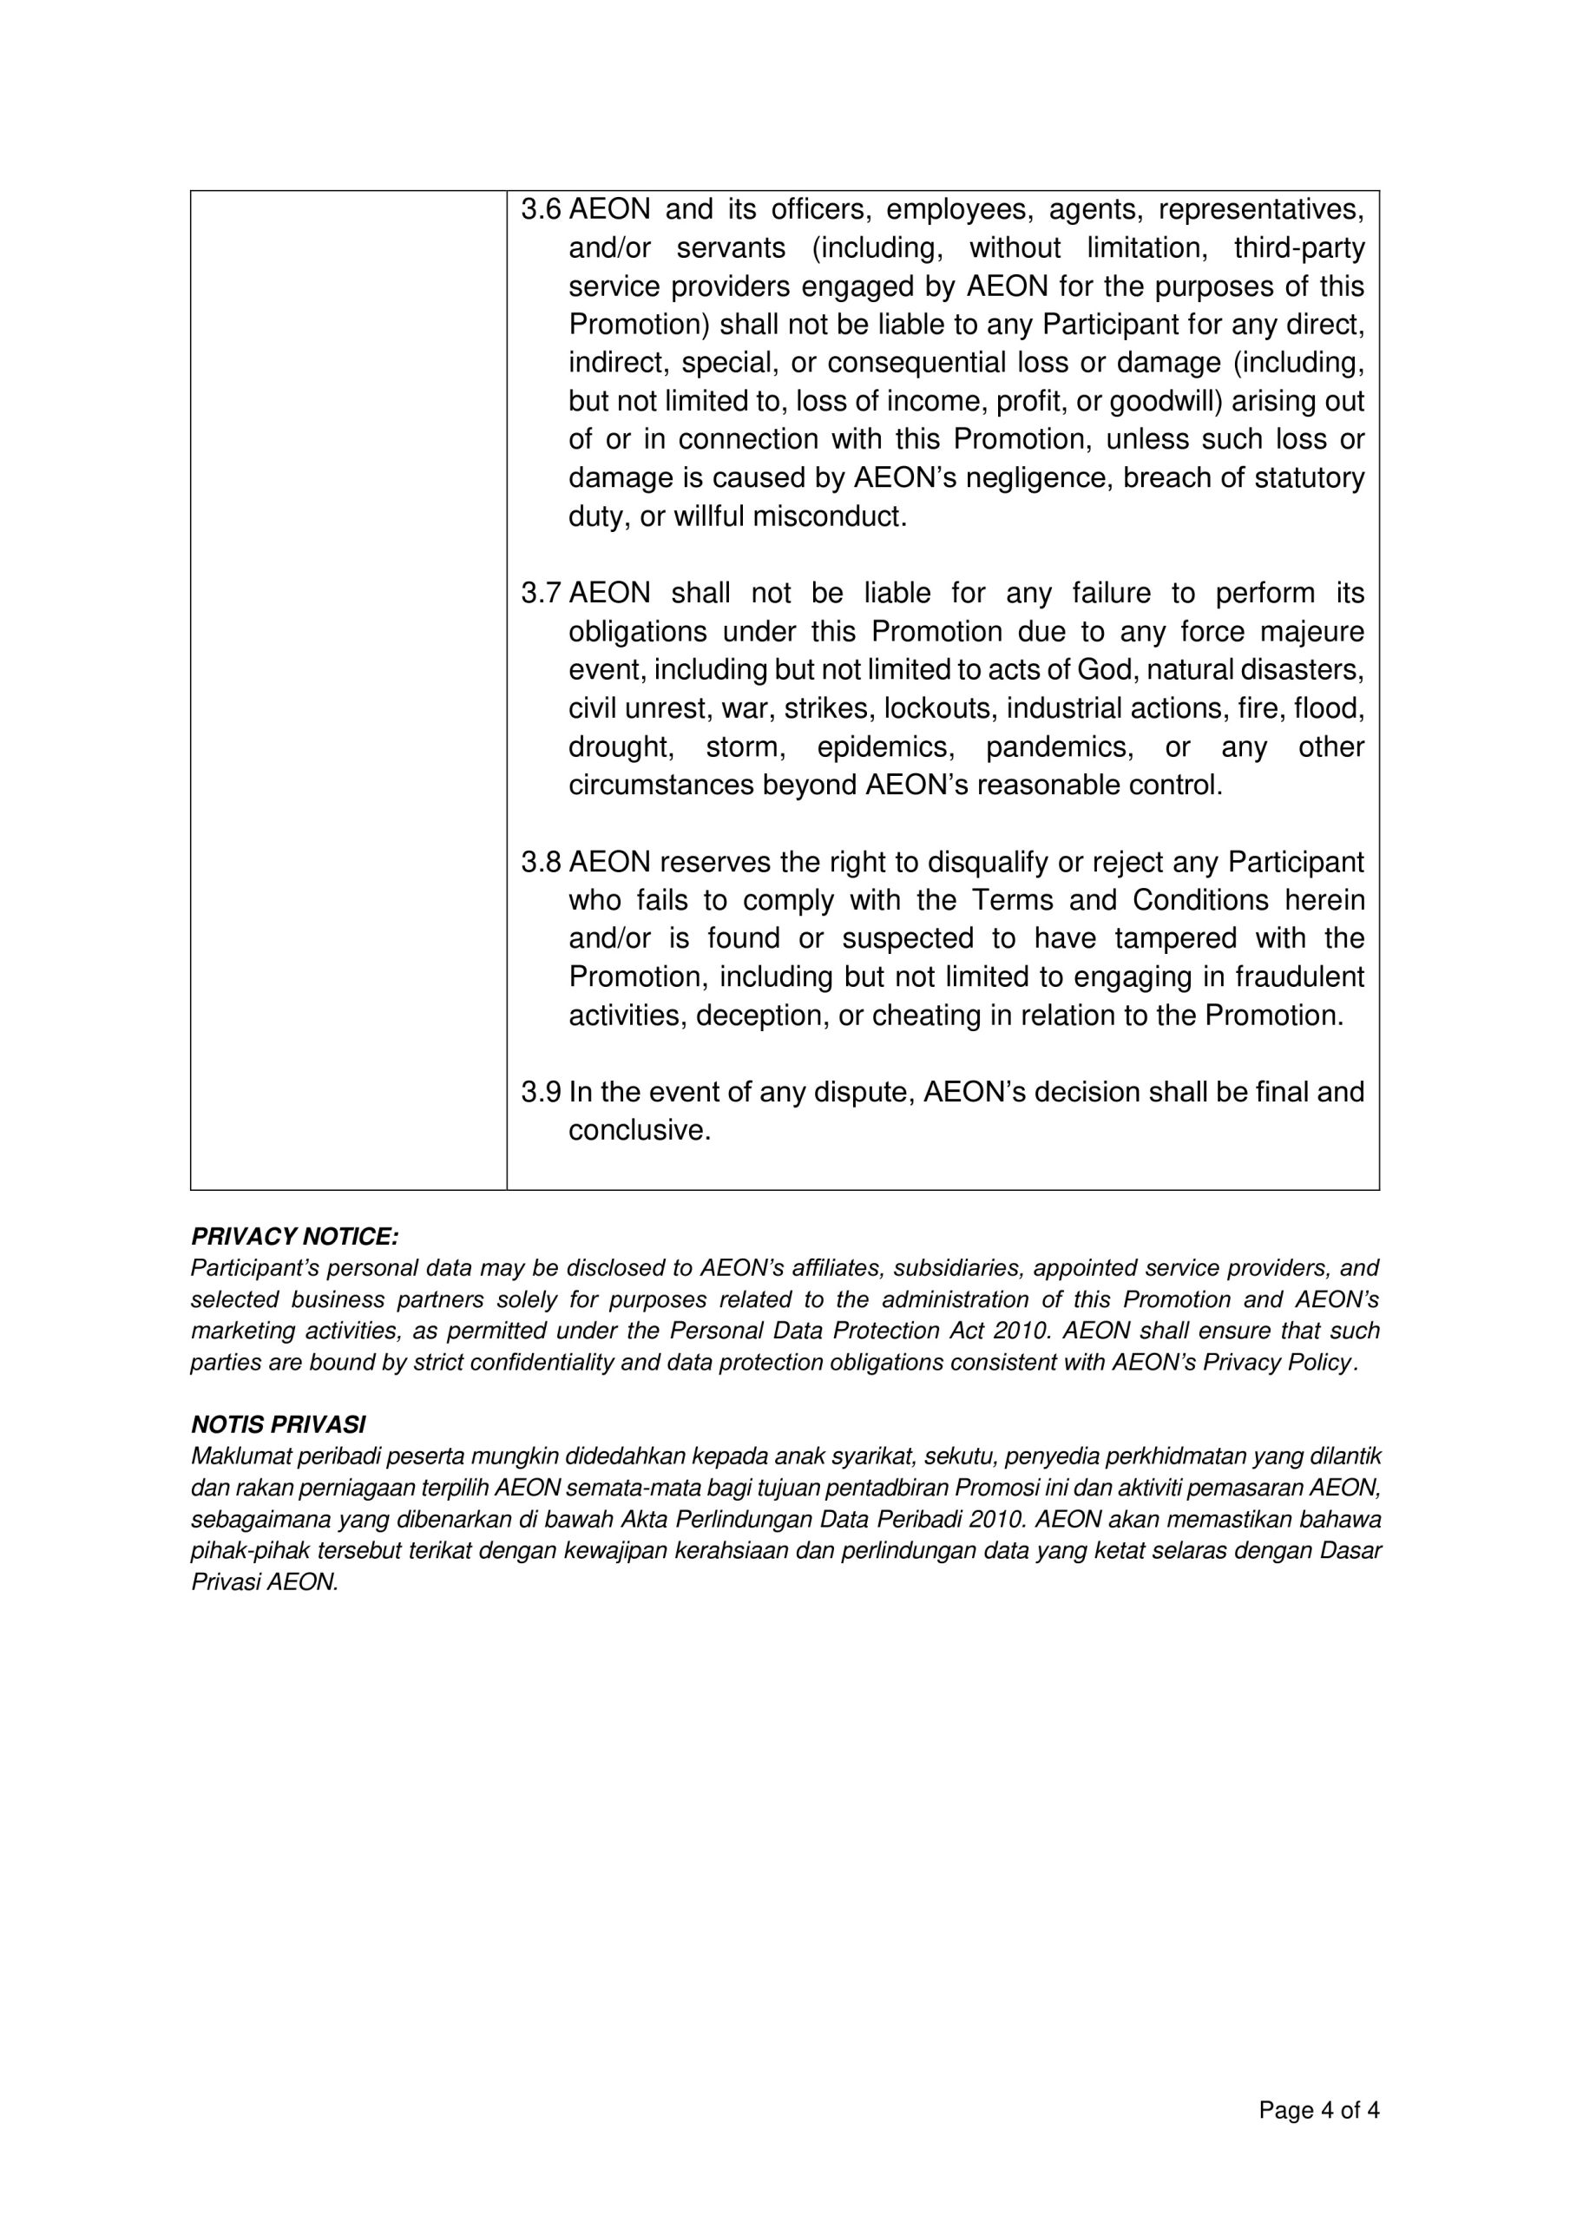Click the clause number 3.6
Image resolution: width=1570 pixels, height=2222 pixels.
pos(540,210)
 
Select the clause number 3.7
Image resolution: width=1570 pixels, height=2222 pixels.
pos(540,593)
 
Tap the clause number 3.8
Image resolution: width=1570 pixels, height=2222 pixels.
pos(540,862)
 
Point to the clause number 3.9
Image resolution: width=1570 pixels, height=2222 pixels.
pos(540,1093)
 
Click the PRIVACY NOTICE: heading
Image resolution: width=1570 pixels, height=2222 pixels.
pos(294,1237)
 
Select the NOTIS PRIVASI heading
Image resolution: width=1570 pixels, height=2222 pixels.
pos(278,1424)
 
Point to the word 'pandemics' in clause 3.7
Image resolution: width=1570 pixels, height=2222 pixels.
pos(1058,747)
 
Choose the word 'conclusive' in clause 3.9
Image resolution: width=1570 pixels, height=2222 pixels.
pos(637,1131)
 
